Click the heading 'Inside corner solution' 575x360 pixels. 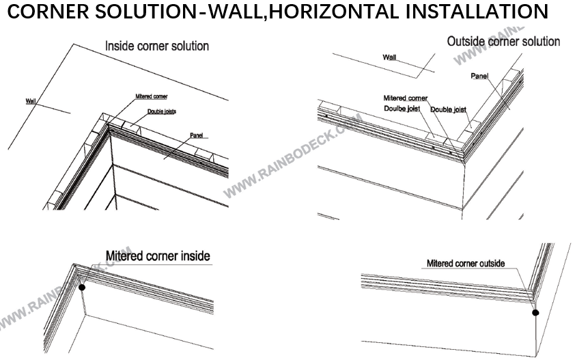tap(156, 46)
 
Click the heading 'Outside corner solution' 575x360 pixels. tap(503, 42)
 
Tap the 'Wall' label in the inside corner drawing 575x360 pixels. tap(31, 101)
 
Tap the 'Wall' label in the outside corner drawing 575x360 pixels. tap(389, 58)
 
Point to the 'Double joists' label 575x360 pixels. tap(162, 111)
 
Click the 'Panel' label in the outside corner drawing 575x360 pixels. tap(479, 76)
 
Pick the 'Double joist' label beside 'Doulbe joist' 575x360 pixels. tap(448, 109)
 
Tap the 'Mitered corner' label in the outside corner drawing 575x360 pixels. tap(406, 98)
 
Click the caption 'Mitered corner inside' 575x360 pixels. tap(158, 257)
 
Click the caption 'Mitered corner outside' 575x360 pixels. tap(466, 263)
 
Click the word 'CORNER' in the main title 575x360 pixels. tap(47, 12)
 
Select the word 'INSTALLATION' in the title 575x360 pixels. tap(471, 12)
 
